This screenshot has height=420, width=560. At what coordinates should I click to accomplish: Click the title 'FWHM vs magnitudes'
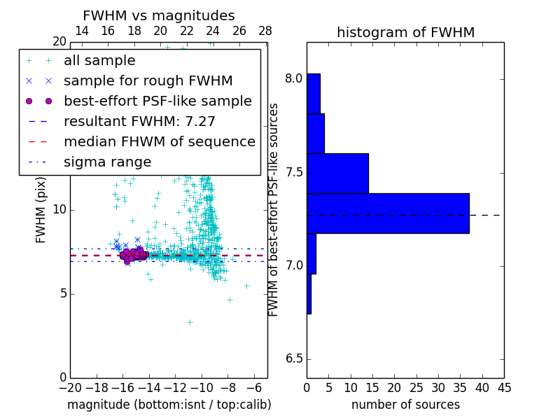pyautogui.click(x=159, y=16)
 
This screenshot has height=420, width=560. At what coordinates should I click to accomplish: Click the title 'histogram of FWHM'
pyautogui.click(x=405, y=33)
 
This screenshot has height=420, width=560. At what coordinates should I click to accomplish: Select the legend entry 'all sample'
pyautogui.click(x=99, y=61)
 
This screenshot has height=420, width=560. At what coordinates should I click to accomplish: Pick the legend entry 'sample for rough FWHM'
pyautogui.click(x=148, y=81)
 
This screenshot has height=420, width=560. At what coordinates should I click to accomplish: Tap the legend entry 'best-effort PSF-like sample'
pyautogui.click(x=157, y=101)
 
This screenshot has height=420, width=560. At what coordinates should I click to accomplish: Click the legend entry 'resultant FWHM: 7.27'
pyautogui.click(x=139, y=122)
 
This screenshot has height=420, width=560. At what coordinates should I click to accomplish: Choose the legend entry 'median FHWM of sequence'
pyautogui.click(x=159, y=142)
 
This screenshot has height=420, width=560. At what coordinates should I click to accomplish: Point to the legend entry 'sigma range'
pyautogui.click(x=107, y=162)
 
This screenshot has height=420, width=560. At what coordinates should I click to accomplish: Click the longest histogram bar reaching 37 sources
pyautogui.click(x=388, y=213)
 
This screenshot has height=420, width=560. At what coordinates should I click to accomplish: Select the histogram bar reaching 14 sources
pyautogui.click(x=337, y=173)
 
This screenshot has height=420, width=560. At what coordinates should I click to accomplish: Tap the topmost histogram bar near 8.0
pyautogui.click(x=313, y=93)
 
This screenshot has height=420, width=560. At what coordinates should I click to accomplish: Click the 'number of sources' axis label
pyautogui.click(x=405, y=405)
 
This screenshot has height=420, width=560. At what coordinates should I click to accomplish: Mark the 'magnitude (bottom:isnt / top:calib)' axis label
pyautogui.click(x=169, y=405)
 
